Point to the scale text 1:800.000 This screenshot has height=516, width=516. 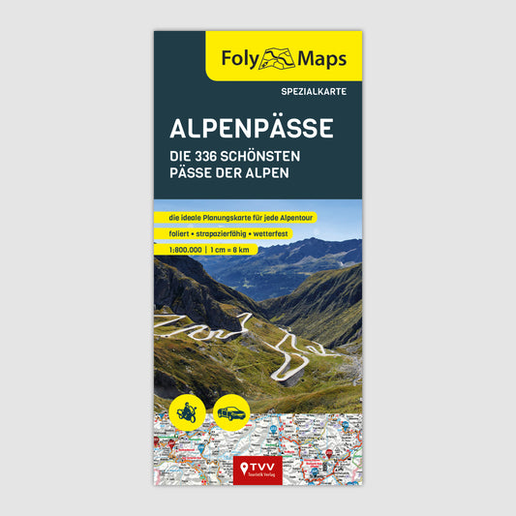pos(176,251)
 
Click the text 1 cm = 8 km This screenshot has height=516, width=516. pos(230,251)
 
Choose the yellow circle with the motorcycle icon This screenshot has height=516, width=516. pos(186,410)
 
